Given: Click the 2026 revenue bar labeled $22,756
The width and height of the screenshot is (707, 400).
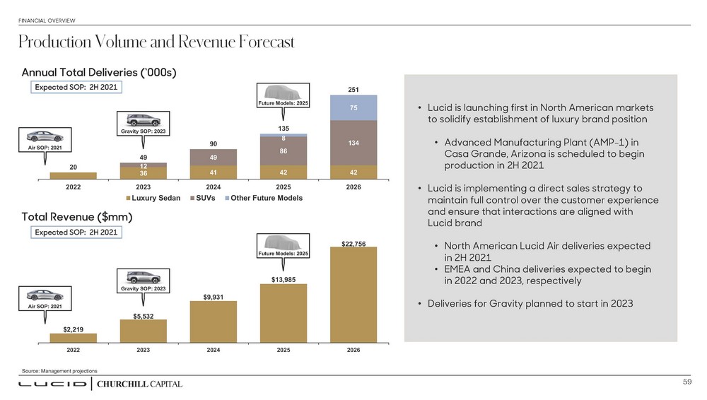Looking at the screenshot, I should (x=353, y=294).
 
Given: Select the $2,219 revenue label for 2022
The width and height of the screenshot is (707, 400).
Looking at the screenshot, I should (x=74, y=329).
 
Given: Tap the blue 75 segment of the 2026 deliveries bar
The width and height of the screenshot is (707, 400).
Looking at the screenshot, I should (x=353, y=107).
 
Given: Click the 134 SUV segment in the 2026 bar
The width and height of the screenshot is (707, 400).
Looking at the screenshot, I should (x=353, y=143).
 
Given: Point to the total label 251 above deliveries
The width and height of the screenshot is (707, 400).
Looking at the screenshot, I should (x=353, y=90).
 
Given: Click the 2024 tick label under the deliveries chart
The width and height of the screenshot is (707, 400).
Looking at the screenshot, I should (x=214, y=187).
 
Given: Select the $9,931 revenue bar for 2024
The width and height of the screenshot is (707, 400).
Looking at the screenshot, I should (x=214, y=322).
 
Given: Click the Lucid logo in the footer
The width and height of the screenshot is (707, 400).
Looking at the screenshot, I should (x=52, y=384).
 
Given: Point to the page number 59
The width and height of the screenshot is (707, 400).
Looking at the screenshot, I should (x=686, y=382).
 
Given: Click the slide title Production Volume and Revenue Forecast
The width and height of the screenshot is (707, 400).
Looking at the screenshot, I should (x=156, y=43).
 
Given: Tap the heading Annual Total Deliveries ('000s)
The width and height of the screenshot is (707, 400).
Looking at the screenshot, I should (x=99, y=72).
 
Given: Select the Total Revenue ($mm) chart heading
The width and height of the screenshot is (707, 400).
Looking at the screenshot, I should (x=78, y=215).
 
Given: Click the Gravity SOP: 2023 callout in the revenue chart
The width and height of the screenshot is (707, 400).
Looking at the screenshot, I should (x=144, y=282).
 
